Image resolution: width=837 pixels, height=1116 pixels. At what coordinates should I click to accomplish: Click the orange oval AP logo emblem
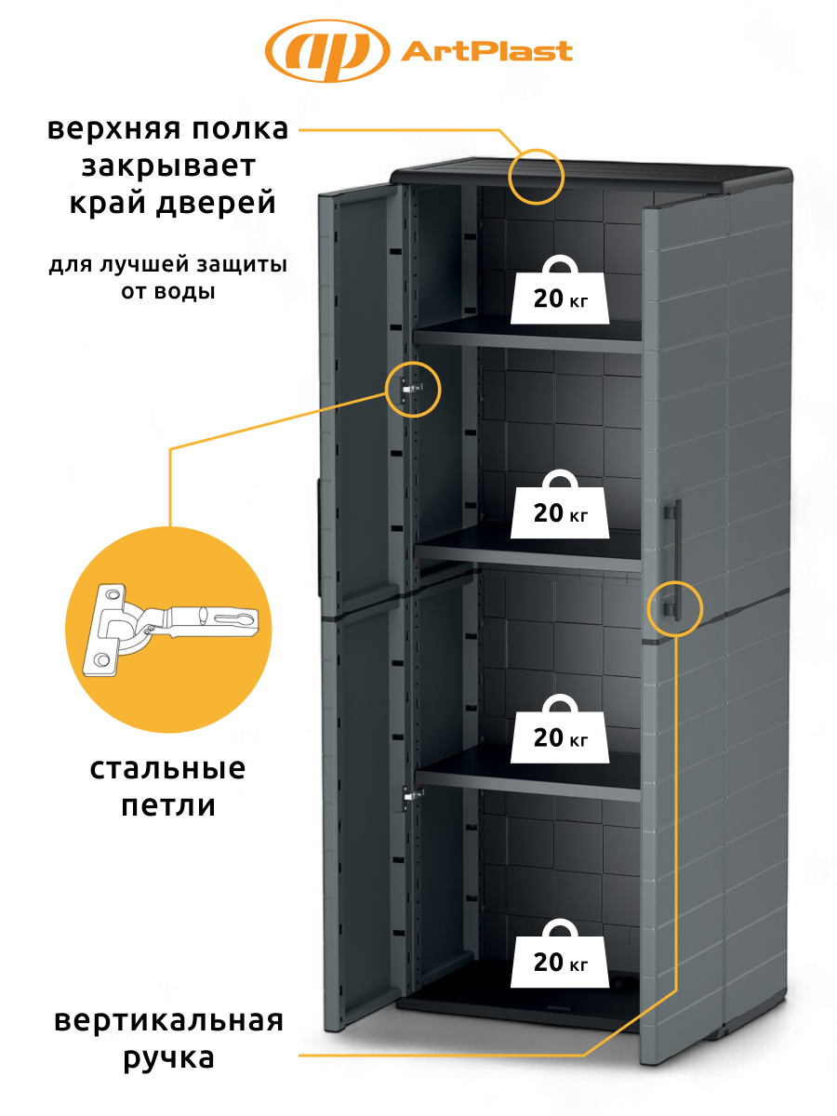coord(327,51)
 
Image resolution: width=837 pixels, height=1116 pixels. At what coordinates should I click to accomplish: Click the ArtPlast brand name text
coord(487,51)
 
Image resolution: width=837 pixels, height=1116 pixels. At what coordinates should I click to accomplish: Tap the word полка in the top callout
coord(239,129)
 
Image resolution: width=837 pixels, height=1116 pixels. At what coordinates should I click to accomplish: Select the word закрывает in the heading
coord(168,166)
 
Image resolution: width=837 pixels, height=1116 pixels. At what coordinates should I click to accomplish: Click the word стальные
coord(167,768)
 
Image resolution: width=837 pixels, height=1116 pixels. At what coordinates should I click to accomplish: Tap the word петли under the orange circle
coord(168,805)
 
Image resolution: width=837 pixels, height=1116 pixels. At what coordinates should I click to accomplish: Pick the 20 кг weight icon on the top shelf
coord(560,289)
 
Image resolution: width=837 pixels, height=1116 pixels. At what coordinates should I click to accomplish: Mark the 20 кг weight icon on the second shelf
coord(560,504)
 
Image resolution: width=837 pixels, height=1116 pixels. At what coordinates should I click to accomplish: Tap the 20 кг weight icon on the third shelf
coord(560,728)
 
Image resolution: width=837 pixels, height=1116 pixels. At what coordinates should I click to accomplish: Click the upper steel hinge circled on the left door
coord(411,390)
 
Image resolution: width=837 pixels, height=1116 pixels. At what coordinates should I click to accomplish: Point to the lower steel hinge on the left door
coord(412,796)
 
